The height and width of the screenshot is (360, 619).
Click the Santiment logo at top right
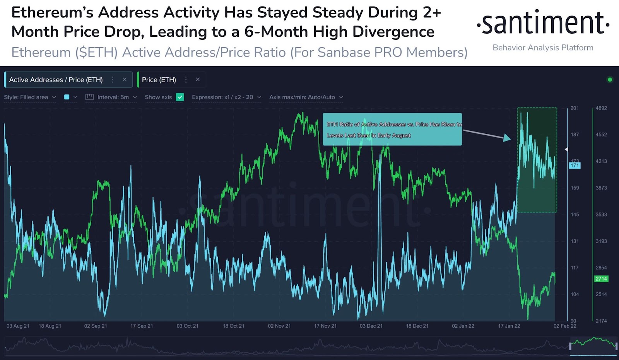coord(543,23)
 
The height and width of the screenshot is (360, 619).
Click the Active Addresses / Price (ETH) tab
coord(56,80)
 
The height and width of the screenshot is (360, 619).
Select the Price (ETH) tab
coord(159,80)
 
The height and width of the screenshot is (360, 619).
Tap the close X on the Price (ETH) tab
coord(198,79)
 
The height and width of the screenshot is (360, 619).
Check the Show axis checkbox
coord(180,97)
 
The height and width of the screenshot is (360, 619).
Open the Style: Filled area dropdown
coord(30,97)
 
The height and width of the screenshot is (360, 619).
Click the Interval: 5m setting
coord(113,97)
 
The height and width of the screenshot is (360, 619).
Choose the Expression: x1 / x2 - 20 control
coord(226,97)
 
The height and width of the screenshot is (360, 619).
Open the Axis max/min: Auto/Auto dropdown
coord(306,97)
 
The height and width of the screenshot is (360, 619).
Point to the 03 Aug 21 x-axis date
coord(18,326)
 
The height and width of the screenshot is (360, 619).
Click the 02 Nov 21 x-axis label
coord(279,326)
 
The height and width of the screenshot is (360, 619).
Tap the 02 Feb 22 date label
coord(565,326)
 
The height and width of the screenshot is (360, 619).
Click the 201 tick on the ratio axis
coord(575,108)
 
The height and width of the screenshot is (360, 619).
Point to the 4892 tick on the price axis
coord(601,108)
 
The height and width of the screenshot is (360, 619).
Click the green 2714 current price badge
coord(601,279)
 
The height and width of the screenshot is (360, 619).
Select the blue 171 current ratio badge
coord(575,165)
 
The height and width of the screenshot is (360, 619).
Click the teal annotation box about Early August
coord(392,129)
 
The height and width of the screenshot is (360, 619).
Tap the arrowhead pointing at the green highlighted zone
coord(507,138)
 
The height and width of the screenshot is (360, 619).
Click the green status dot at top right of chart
coord(610,80)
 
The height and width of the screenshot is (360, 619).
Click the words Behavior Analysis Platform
coord(543,48)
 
